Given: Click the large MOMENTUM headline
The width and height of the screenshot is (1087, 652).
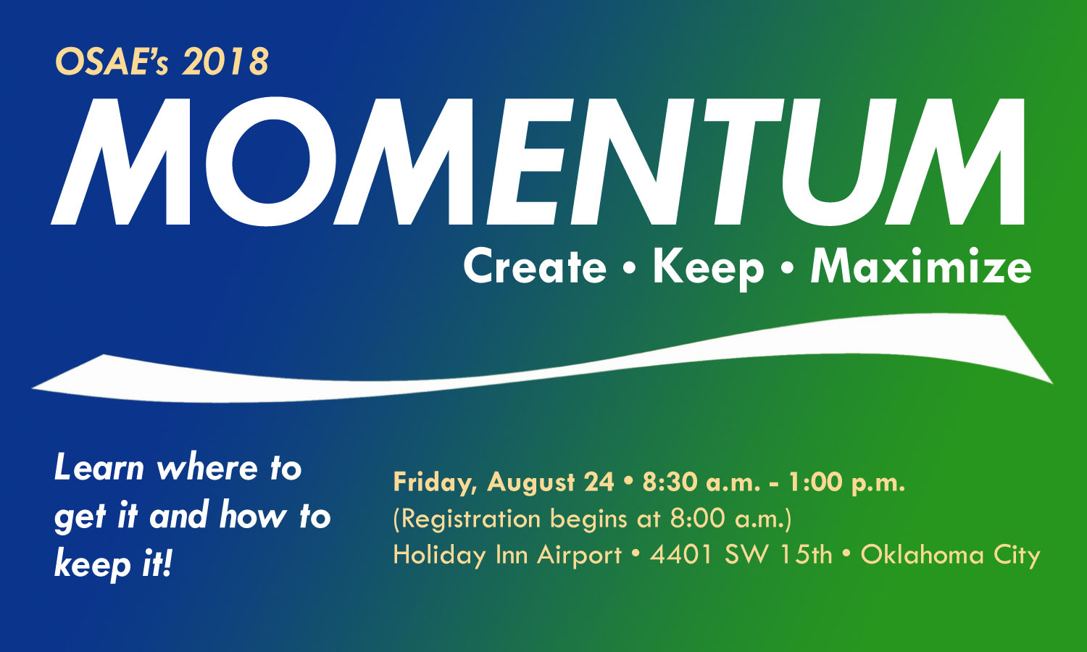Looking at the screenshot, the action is coord(538,162).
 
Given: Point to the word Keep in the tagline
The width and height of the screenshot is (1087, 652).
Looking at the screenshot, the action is coord(709,269).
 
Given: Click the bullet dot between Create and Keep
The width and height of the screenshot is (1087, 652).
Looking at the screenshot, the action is coord(629,269).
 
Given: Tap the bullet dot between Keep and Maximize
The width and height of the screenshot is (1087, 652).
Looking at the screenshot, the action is coord(788,269).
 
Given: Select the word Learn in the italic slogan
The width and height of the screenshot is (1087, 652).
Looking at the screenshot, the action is coord(99,468).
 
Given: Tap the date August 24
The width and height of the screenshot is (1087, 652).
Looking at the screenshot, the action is coord(551,482).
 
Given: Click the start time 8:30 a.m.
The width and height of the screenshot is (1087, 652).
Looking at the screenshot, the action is coord(701,482).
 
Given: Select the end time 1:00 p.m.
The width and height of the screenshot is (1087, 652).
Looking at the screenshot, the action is coord(847,482).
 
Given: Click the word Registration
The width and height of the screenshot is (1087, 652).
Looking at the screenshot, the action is coord(467,519).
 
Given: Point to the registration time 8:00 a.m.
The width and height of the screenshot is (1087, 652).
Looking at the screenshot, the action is coord(730,519).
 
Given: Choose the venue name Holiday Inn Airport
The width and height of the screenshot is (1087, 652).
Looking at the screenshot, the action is coord(507,555).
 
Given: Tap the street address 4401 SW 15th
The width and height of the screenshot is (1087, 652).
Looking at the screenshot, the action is coord(741,554).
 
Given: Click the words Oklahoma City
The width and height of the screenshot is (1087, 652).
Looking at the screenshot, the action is coord(951,555).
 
